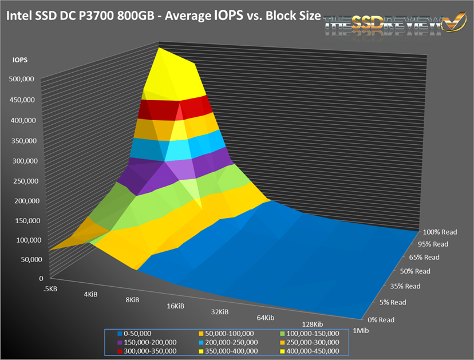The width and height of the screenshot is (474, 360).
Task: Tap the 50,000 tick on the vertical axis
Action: [x=26, y=259]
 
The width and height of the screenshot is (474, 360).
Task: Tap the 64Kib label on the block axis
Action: [x=265, y=318]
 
